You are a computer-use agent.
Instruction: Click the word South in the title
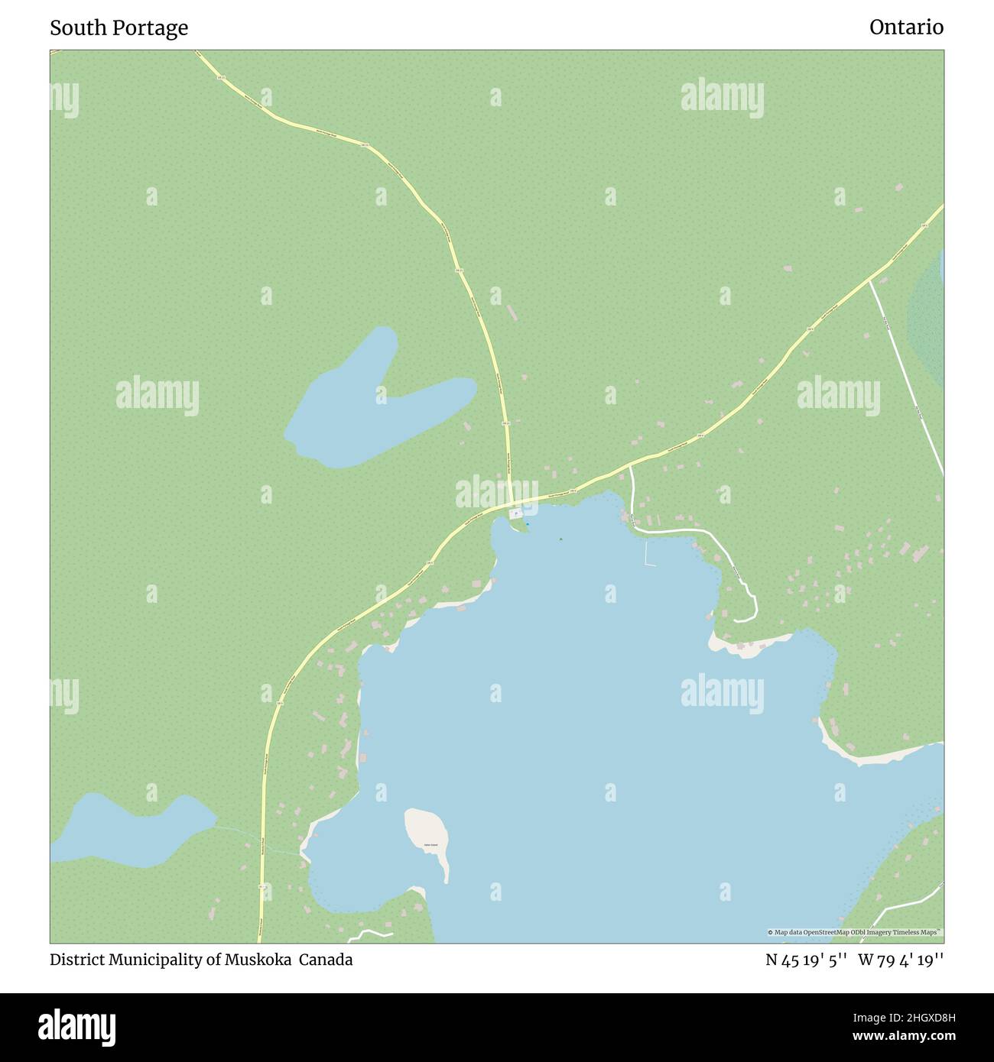pyautogui.click(x=75, y=28)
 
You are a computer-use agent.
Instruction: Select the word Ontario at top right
pyautogui.click(x=906, y=28)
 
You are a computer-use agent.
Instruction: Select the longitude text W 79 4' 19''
pyautogui.click(x=901, y=960)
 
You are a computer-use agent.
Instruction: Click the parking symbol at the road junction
pyautogui.click(x=516, y=513)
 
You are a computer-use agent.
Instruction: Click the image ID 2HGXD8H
pyautogui.click(x=912, y=1017)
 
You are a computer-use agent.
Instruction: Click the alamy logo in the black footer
pyautogui.click(x=78, y=1026)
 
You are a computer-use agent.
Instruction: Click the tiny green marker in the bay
pyautogui.click(x=560, y=539)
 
